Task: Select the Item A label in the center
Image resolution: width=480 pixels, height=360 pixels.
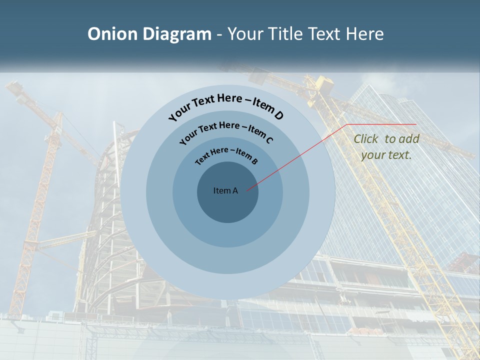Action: point(225,190)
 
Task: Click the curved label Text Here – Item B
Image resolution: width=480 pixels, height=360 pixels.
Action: point(226,154)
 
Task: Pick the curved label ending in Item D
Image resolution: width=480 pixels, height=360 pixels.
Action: point(226,106)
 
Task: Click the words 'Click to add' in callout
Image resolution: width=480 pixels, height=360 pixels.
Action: point(386,139)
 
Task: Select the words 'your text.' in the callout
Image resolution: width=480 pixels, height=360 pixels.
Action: point(386,155)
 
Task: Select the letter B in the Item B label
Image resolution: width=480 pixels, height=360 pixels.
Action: point(254,161)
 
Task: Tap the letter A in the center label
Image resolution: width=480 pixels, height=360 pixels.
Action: point(235,190)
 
